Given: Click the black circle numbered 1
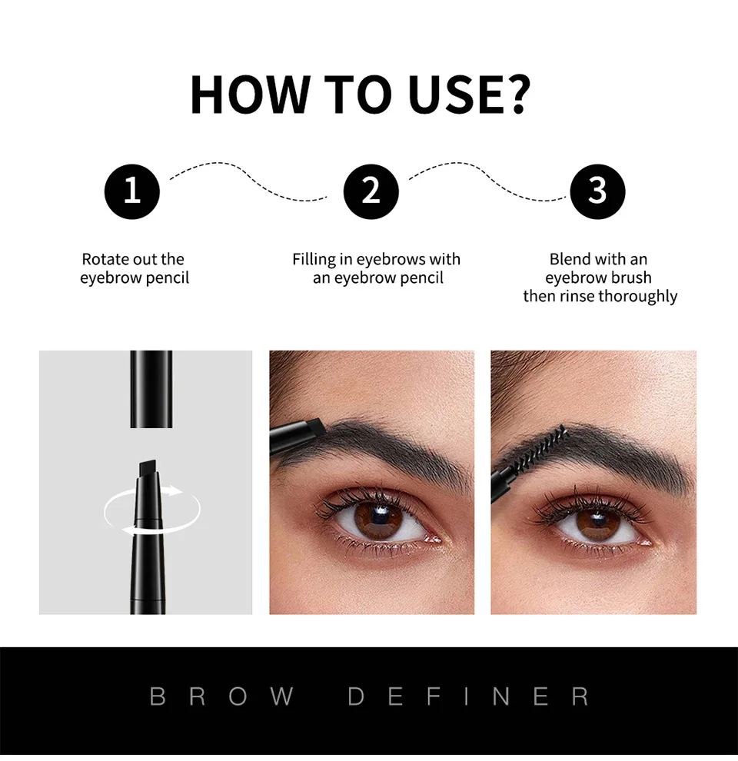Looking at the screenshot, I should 132,191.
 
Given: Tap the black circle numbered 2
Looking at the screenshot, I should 371,191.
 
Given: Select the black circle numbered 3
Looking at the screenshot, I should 597,191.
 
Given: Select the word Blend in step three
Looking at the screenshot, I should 570,259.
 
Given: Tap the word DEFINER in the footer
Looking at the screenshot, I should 468,696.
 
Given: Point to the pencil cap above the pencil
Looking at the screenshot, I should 151,388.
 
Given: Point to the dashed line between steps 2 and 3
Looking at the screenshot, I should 484,181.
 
